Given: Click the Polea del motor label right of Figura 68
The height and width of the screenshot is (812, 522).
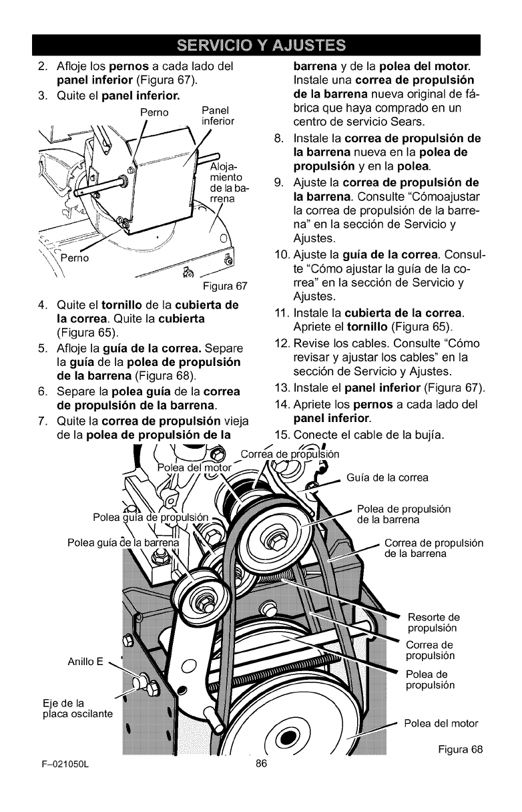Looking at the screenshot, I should (441, 723).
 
